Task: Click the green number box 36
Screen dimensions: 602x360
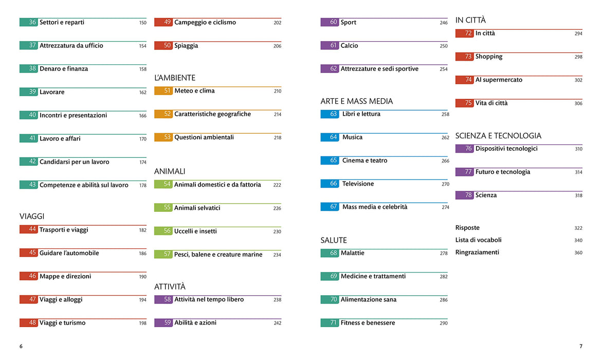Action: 28,22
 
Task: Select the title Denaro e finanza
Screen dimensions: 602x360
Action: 64,69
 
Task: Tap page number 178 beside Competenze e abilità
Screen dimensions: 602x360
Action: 143,185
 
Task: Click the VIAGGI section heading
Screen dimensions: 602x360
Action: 32,217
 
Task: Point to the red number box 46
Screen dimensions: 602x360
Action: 28,276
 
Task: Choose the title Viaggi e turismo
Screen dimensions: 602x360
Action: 63,323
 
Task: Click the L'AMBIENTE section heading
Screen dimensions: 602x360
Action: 175,78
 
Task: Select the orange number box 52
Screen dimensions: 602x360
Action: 163,114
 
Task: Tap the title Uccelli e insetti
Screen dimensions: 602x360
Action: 195,231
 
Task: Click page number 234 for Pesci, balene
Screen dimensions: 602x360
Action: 277,255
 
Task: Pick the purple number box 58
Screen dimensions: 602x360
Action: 163,300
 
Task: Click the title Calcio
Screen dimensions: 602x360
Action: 350,46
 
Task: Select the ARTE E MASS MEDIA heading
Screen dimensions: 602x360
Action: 357,101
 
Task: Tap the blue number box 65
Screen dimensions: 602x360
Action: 330,160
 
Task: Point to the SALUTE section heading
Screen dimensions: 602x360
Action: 334,240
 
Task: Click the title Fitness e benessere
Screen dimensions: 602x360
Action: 368,323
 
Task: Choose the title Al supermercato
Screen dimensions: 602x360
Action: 499,80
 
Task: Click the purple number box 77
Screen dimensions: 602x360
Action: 464,172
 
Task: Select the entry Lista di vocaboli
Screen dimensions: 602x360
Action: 479,240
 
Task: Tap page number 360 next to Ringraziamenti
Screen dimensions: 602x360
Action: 578,253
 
